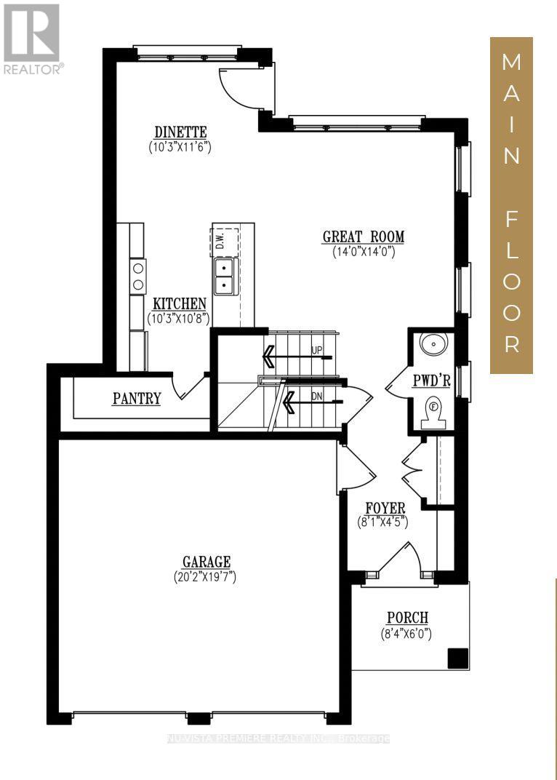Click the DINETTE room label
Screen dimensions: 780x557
(180, 132)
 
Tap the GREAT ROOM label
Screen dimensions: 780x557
(363, 236)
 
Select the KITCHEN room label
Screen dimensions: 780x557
(179, 303)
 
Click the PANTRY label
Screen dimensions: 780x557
(136, 398)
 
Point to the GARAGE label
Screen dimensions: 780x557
(207, 561)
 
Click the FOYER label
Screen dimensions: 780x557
(385, 507)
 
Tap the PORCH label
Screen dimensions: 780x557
(407, 618)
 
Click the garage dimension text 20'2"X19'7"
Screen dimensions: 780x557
(207, 576)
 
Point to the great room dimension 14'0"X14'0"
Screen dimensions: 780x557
(363, 252)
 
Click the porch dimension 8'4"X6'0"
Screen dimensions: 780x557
(406, 633)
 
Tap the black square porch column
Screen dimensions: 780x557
(457, 657)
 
